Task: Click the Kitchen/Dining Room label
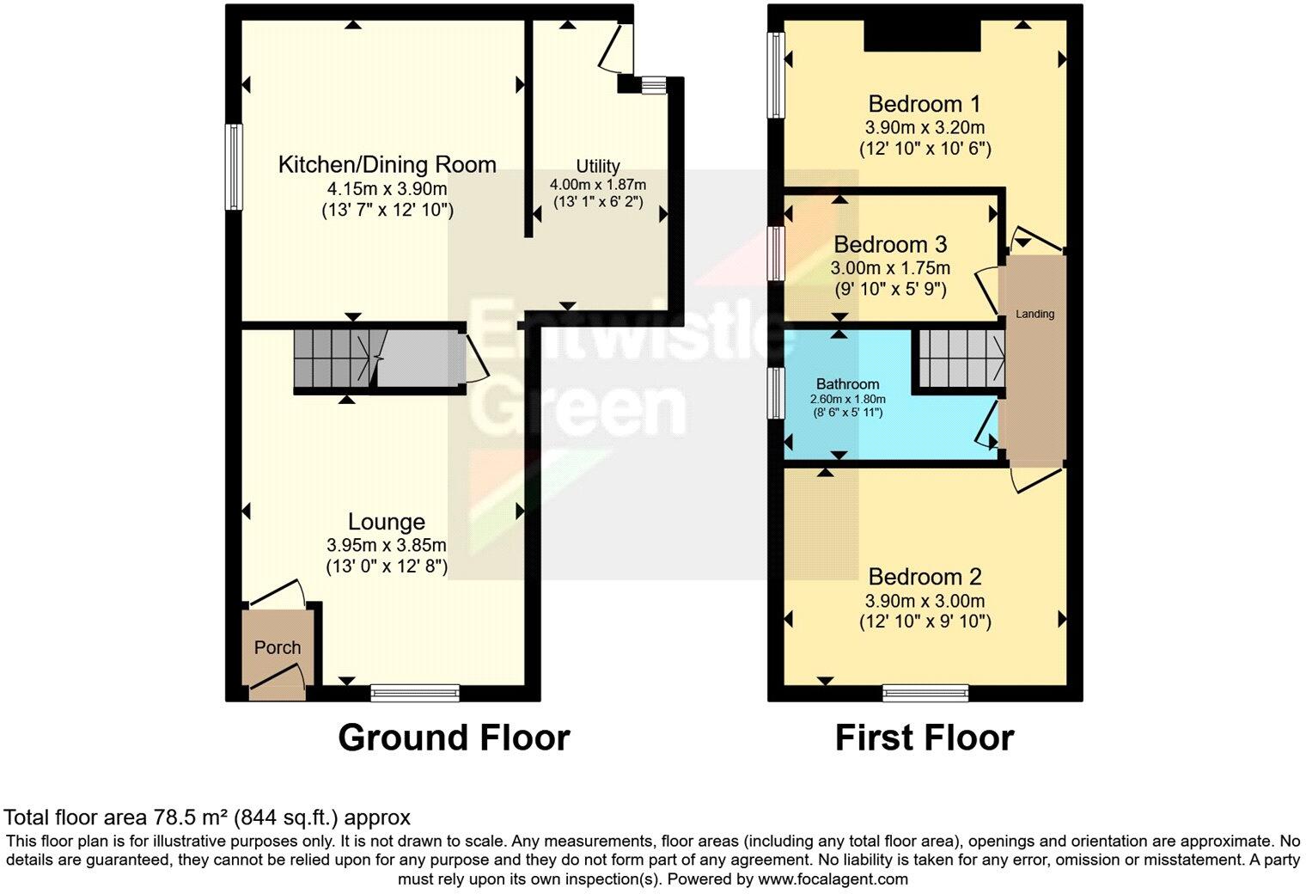click(x=387, y=164)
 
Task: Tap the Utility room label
click(x=598, y=166)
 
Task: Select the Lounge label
click(x=386, y=522)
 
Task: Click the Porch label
click(x=278, y=647)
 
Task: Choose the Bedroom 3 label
click(x=890, y=244)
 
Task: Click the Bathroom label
click(x=847, y=384)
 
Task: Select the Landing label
click(x=1034, y=314)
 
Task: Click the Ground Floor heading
click(x=454, y=738)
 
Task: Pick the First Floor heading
click(x=925, y=738)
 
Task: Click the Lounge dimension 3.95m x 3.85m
click(x=386, y=545)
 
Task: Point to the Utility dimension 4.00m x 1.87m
click(x=598, y=184)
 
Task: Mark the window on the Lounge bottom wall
click(x=416, y=693)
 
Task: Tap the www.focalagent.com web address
click(x=830, y=879)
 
